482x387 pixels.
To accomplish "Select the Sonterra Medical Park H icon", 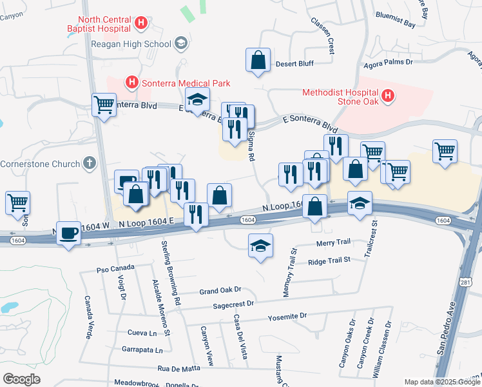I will pyautogui.click(x=131, y=83).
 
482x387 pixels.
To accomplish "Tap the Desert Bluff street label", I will pyautogui.click(x=294, y=64).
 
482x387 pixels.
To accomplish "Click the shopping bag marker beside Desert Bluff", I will pyautogui.click(x=258, y=61).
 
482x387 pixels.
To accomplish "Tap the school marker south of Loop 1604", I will pyautogui.click(x=260, y=246).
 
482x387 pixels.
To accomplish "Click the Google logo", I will pyautogui.click(x=21, y=379).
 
